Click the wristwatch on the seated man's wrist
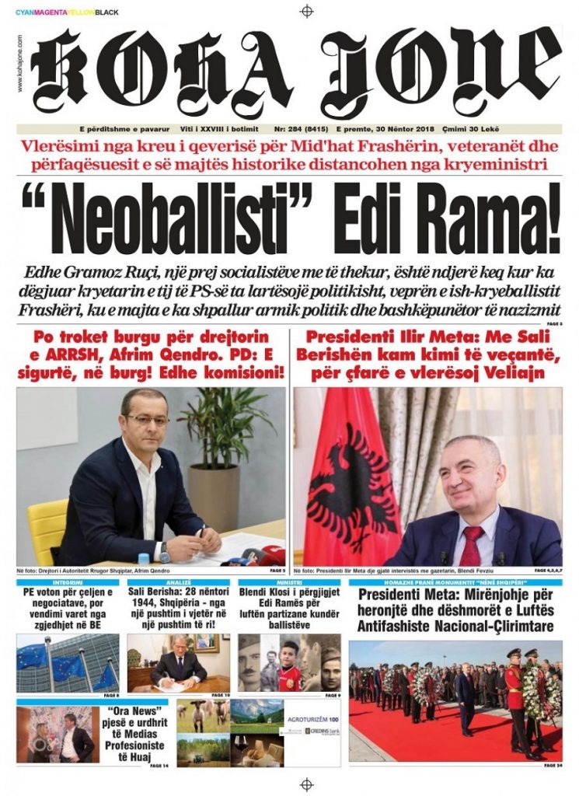(x=165, y=551)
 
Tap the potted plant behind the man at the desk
(x=221, y=451)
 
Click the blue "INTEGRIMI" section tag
(x=68, y=582)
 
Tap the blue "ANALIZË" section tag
(x=178, y=582)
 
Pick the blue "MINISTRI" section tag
(x=289, y=582)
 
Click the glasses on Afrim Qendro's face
(x=147, y=420)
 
